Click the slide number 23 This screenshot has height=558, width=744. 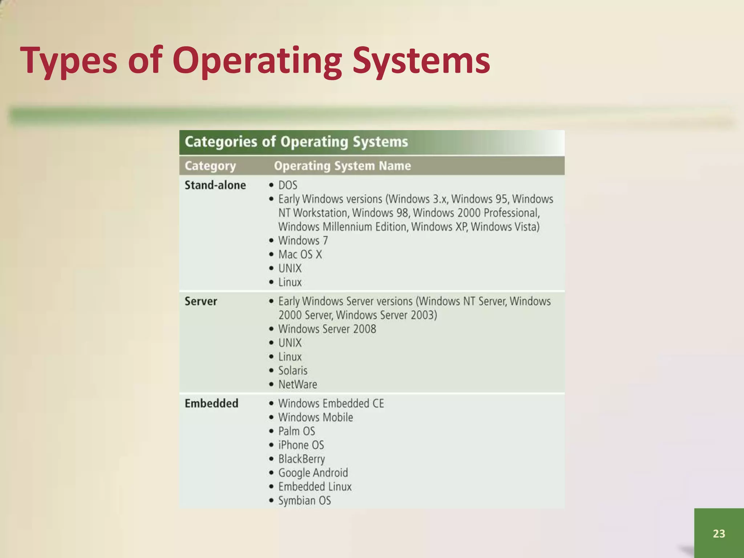[x=719, y=533]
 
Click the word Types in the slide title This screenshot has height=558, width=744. [x=69, y=61]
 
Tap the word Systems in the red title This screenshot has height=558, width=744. [x=421, y=61]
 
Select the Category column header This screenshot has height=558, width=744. [x=210, y=166]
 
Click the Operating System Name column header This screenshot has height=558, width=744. [x=342, y=166]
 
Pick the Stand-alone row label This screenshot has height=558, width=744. [x=215, y=185]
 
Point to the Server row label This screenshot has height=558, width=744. [x=201, y=301]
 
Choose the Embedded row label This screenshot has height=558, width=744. [x=211, y=403]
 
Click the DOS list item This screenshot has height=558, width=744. [x=287, y=185]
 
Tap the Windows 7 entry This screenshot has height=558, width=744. [x=303, y=240]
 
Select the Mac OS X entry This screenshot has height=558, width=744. [x=300, y=254]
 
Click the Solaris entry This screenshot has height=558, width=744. [x=292, y=371]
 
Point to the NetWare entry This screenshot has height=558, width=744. [x=298, y=384]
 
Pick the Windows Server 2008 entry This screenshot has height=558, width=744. [x=327, y=329]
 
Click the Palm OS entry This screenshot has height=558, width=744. [x=296, y=431]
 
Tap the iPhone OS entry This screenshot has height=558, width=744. [x=301, y=445]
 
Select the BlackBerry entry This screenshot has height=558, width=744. [x=302, y=459]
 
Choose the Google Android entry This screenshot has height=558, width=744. [x=313, y=473]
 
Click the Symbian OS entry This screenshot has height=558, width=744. [x=304, y=501]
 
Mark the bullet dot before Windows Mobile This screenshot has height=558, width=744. [x=271, y=417]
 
